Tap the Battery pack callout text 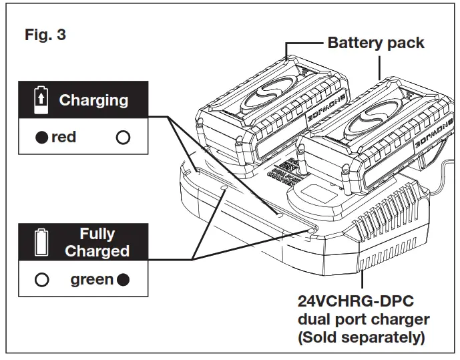pyautogui.click(x=375, y=43)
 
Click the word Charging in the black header pyautogui.click(x=93, y=101)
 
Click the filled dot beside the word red pyautogui.click(x=42, y=138)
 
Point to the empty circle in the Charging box pyautogui.click(x=122, y=138)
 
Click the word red pyautogui.click(x=63, y=138)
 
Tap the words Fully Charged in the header pyautogui.click(x=97, y=242)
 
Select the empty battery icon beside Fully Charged pyautogui.click(x=41, y=242)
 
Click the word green pyautogui.click(x=92, y=279)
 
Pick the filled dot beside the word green pyautogui.click(x=123, y=279)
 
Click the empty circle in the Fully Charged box pyautogui.click(x=41, y=279)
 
